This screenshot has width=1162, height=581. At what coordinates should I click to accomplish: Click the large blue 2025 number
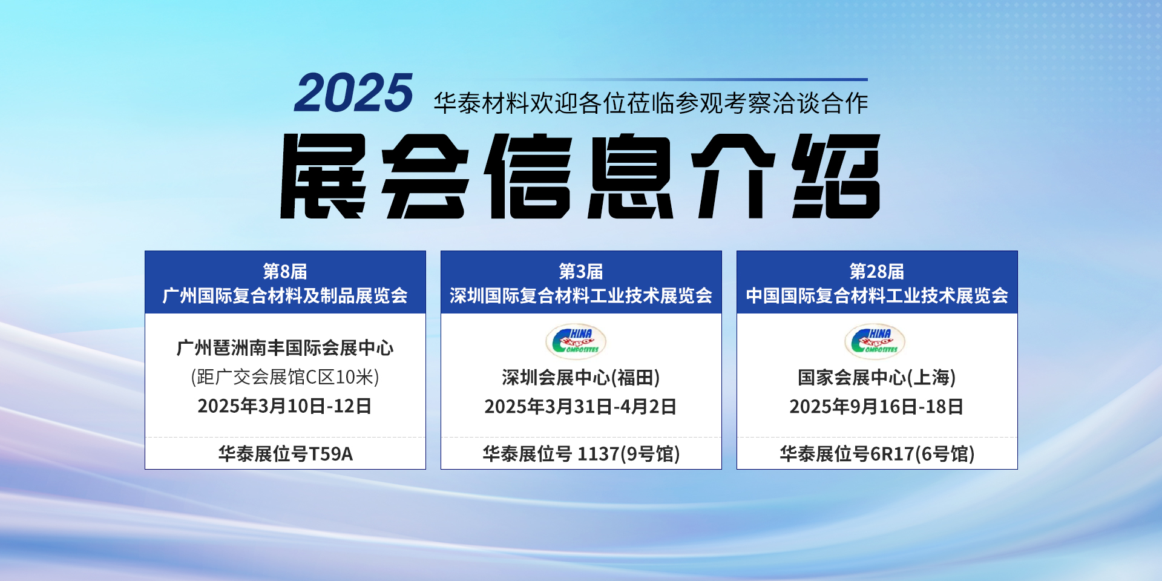pos(353,93)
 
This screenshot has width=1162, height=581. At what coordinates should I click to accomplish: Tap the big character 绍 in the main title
pos(836,176)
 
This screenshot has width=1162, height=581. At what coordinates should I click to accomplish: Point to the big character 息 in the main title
pos(631,176)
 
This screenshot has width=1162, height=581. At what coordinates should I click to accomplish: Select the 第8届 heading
pos(285,271)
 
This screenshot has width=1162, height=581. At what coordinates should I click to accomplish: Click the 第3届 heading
pos(581,271)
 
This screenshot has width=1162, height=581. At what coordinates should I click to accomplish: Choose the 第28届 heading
pos(877,271)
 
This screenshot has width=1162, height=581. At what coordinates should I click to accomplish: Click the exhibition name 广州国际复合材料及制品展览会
pos(285,295)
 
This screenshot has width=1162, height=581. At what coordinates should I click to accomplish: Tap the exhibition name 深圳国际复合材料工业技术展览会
pos(581,295)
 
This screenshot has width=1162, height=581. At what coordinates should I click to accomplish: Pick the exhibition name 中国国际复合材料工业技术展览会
pos(877,295)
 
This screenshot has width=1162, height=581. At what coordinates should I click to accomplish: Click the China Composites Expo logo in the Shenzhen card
pos(576,341)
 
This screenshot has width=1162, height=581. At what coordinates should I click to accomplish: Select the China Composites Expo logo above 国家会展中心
pos(875,341)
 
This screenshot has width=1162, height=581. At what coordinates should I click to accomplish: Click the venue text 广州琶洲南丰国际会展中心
pos(285,348)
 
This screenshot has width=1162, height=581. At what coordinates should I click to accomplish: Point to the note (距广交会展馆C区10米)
pos(285,377)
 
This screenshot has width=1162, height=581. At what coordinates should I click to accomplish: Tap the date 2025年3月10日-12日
pos(285,406)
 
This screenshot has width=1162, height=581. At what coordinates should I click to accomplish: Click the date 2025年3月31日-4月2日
pos(581,407)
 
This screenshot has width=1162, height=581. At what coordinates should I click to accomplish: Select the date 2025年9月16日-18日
pos(877,407)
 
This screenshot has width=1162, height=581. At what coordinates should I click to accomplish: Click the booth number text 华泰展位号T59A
pos(285,454)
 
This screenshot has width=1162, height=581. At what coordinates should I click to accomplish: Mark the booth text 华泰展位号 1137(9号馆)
pos(581,454)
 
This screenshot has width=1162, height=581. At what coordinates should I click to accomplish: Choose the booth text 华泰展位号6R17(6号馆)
pos(877,454)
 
